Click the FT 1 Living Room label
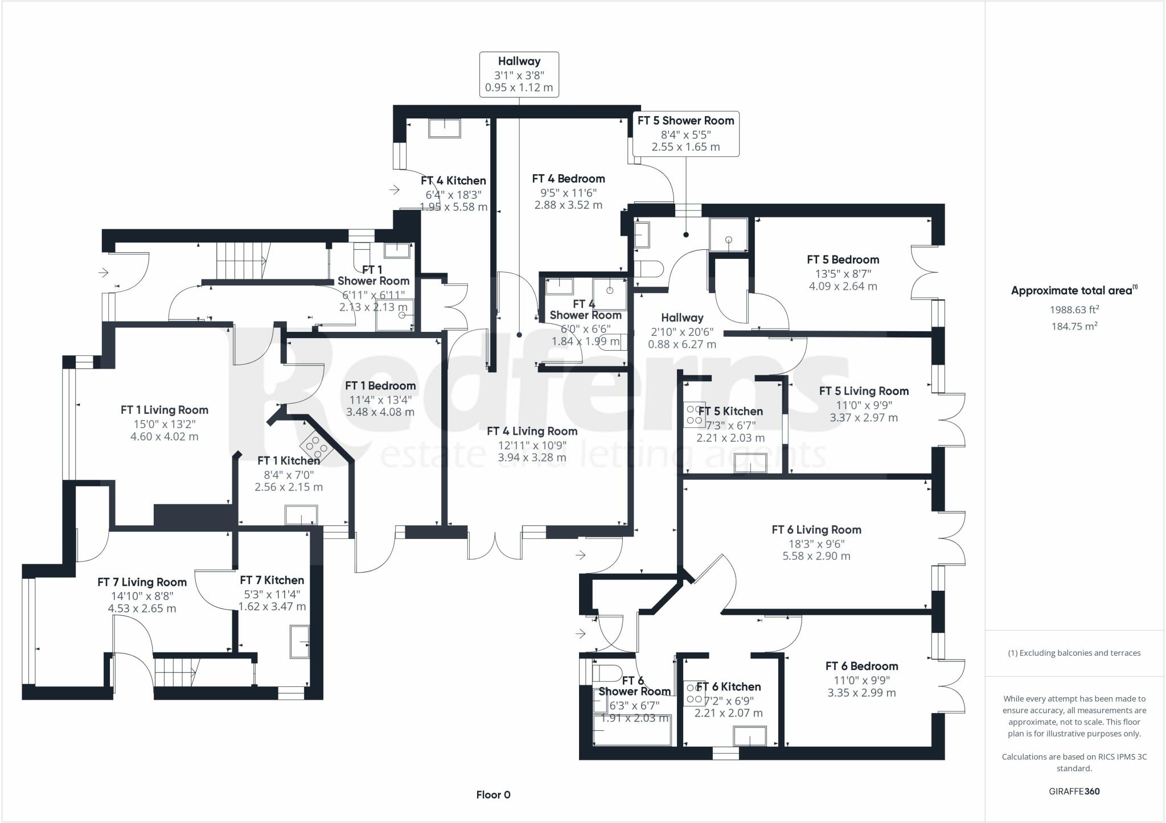pyautogui.click(x=165, y=410)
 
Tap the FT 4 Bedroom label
pyautogui.click(x=568, y=179)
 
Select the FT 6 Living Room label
pyautogui.click(x=816, y=530)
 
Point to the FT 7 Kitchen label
pyautogui.click(x=272, y=581)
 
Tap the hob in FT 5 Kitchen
pyautogui.click(x=693, y=414)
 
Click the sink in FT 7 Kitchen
pyautogui.click(x=299, y=642)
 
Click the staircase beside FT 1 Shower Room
pyautogui.click(x=240, y=260)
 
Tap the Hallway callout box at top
pyautogui.click(x=519, y=75)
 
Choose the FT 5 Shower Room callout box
pyautogui.click(x=685, y=133)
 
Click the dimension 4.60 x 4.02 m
pyautogui.click(x=165, y=437)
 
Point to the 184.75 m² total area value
pyautogui.click(x=1074, y=327)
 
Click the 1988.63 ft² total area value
pyautogui.click(x=1074, y=310)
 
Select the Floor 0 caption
pyautogui.click(x=493, y=795)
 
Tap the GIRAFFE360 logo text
pyautogui.click(x=1074, y=791)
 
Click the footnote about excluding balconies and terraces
pyautogui.click(x=1074, y=653)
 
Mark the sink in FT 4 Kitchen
pyautogui.click(x=444, y=128)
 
